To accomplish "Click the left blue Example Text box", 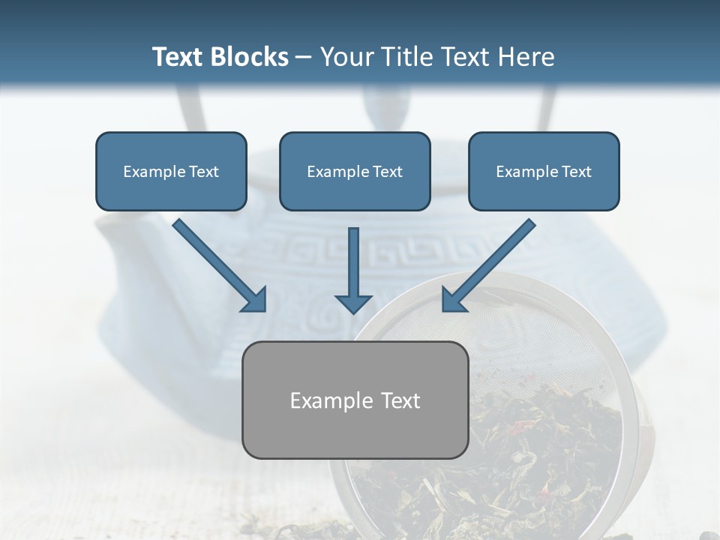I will coord(171,172).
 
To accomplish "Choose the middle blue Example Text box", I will coord(355,172).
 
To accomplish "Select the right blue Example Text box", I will coord(544,172).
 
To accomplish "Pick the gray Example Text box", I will coord(355,400).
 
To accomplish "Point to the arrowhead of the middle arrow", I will coord(353,302).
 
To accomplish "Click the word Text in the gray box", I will coord(397,400).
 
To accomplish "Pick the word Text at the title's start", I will coord(178,57).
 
